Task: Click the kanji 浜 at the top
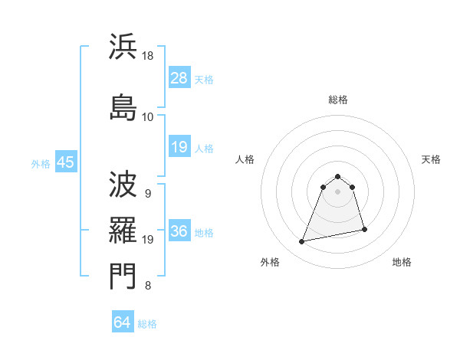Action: [123, 47]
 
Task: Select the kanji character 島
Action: [123, 106]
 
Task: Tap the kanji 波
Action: [123, 184]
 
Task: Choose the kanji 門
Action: [123, 276]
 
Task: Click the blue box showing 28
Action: [179, 79]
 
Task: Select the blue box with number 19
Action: [179, 148]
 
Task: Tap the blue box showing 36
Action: [179, 232]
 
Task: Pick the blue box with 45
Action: [65, 163]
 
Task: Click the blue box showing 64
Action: [123, 322]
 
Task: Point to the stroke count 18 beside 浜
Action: [148, 57]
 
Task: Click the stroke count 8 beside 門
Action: [148, 286]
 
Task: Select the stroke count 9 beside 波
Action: [148, 194]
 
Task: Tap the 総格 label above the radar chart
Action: [337, 100]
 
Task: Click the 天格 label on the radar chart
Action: [431, 159]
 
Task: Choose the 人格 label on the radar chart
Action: [245, 159]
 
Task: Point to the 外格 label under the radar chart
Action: [270, 262]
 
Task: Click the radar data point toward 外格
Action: [302, 242]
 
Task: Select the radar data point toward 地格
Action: [364, 229]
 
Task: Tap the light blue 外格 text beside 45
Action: [41, 164]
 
